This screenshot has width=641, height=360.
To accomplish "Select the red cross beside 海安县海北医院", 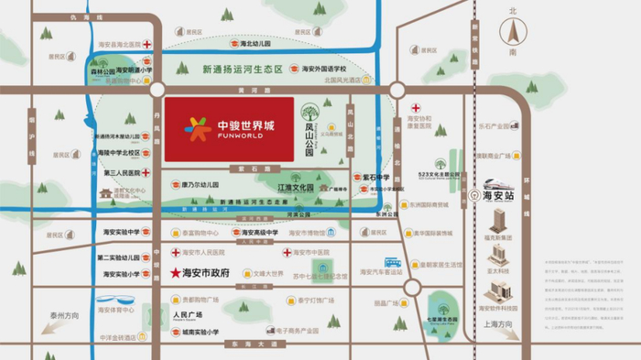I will click(146, 44).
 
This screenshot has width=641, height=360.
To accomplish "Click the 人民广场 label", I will click(186, 313).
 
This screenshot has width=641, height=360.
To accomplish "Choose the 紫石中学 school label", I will click(376, 177).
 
